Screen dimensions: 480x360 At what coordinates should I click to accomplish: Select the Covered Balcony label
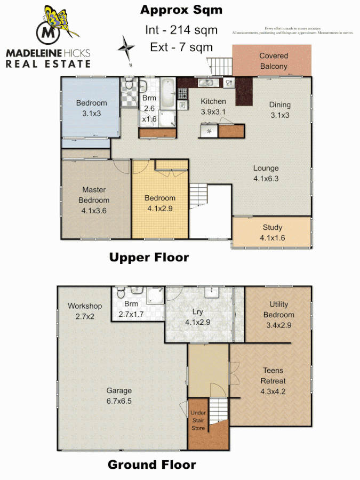[273, 61]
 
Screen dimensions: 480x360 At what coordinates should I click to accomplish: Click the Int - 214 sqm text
[181, 30]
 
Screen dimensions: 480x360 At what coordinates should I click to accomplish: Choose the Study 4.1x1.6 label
[272, 233]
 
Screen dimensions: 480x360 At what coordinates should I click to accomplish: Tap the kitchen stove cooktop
[182, 95]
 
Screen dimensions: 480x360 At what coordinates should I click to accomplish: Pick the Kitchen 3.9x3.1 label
[213, 106]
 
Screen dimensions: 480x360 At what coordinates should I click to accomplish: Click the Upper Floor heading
[149, 258]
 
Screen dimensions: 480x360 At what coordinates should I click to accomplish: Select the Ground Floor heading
[151, 465]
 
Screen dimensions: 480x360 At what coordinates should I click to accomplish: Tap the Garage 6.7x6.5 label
[118, 395]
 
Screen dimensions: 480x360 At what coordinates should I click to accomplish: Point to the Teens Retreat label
[272, 375]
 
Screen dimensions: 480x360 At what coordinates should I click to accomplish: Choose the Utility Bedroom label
[278, 309]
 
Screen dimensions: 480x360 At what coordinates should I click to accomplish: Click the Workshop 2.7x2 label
[84, 311]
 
